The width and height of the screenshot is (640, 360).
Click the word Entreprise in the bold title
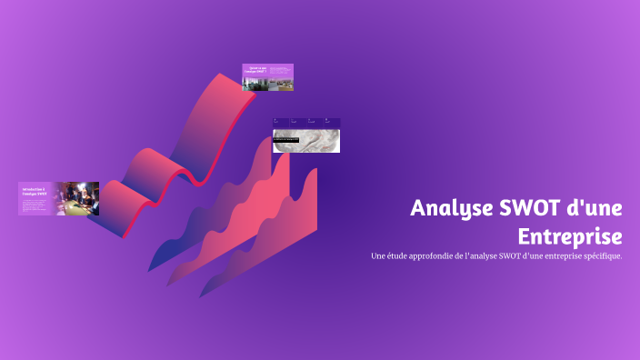570,236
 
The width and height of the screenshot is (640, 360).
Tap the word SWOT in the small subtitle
501,256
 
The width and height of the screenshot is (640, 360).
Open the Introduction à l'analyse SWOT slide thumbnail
58,199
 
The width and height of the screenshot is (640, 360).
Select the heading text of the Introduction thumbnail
34,191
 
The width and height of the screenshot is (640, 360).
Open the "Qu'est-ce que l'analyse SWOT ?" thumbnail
267,77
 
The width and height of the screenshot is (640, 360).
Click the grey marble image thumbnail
306,141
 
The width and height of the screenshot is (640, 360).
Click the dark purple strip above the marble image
306,123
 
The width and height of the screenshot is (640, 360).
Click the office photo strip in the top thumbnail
268,85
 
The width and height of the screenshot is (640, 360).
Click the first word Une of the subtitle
379,256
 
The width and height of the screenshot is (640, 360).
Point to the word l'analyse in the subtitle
478,256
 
